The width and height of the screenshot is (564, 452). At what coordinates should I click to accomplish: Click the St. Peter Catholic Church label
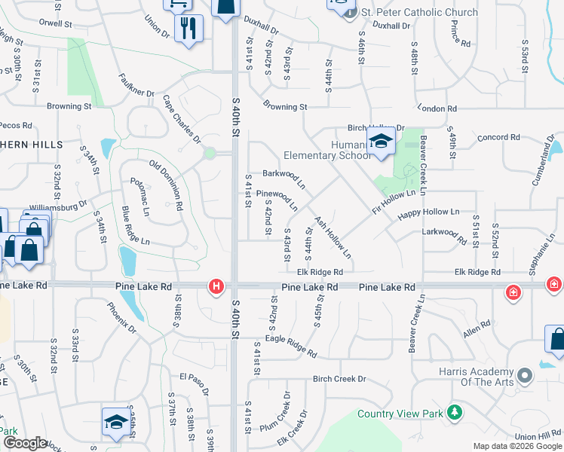point(419,12)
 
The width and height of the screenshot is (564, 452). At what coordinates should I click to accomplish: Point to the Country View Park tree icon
point(454,412)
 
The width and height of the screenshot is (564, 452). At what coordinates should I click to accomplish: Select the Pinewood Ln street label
point(277,200)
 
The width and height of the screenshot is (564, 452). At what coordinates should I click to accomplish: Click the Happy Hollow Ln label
point(429,213)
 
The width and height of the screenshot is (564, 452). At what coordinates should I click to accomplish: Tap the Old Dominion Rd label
point(167,185)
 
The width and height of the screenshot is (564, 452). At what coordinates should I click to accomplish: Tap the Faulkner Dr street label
point(136,85)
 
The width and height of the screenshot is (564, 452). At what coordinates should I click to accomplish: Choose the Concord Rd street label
point(499,138)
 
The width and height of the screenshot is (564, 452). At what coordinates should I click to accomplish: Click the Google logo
point(25,443)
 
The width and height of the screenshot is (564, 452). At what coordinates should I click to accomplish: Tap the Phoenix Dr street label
point(121,317)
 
